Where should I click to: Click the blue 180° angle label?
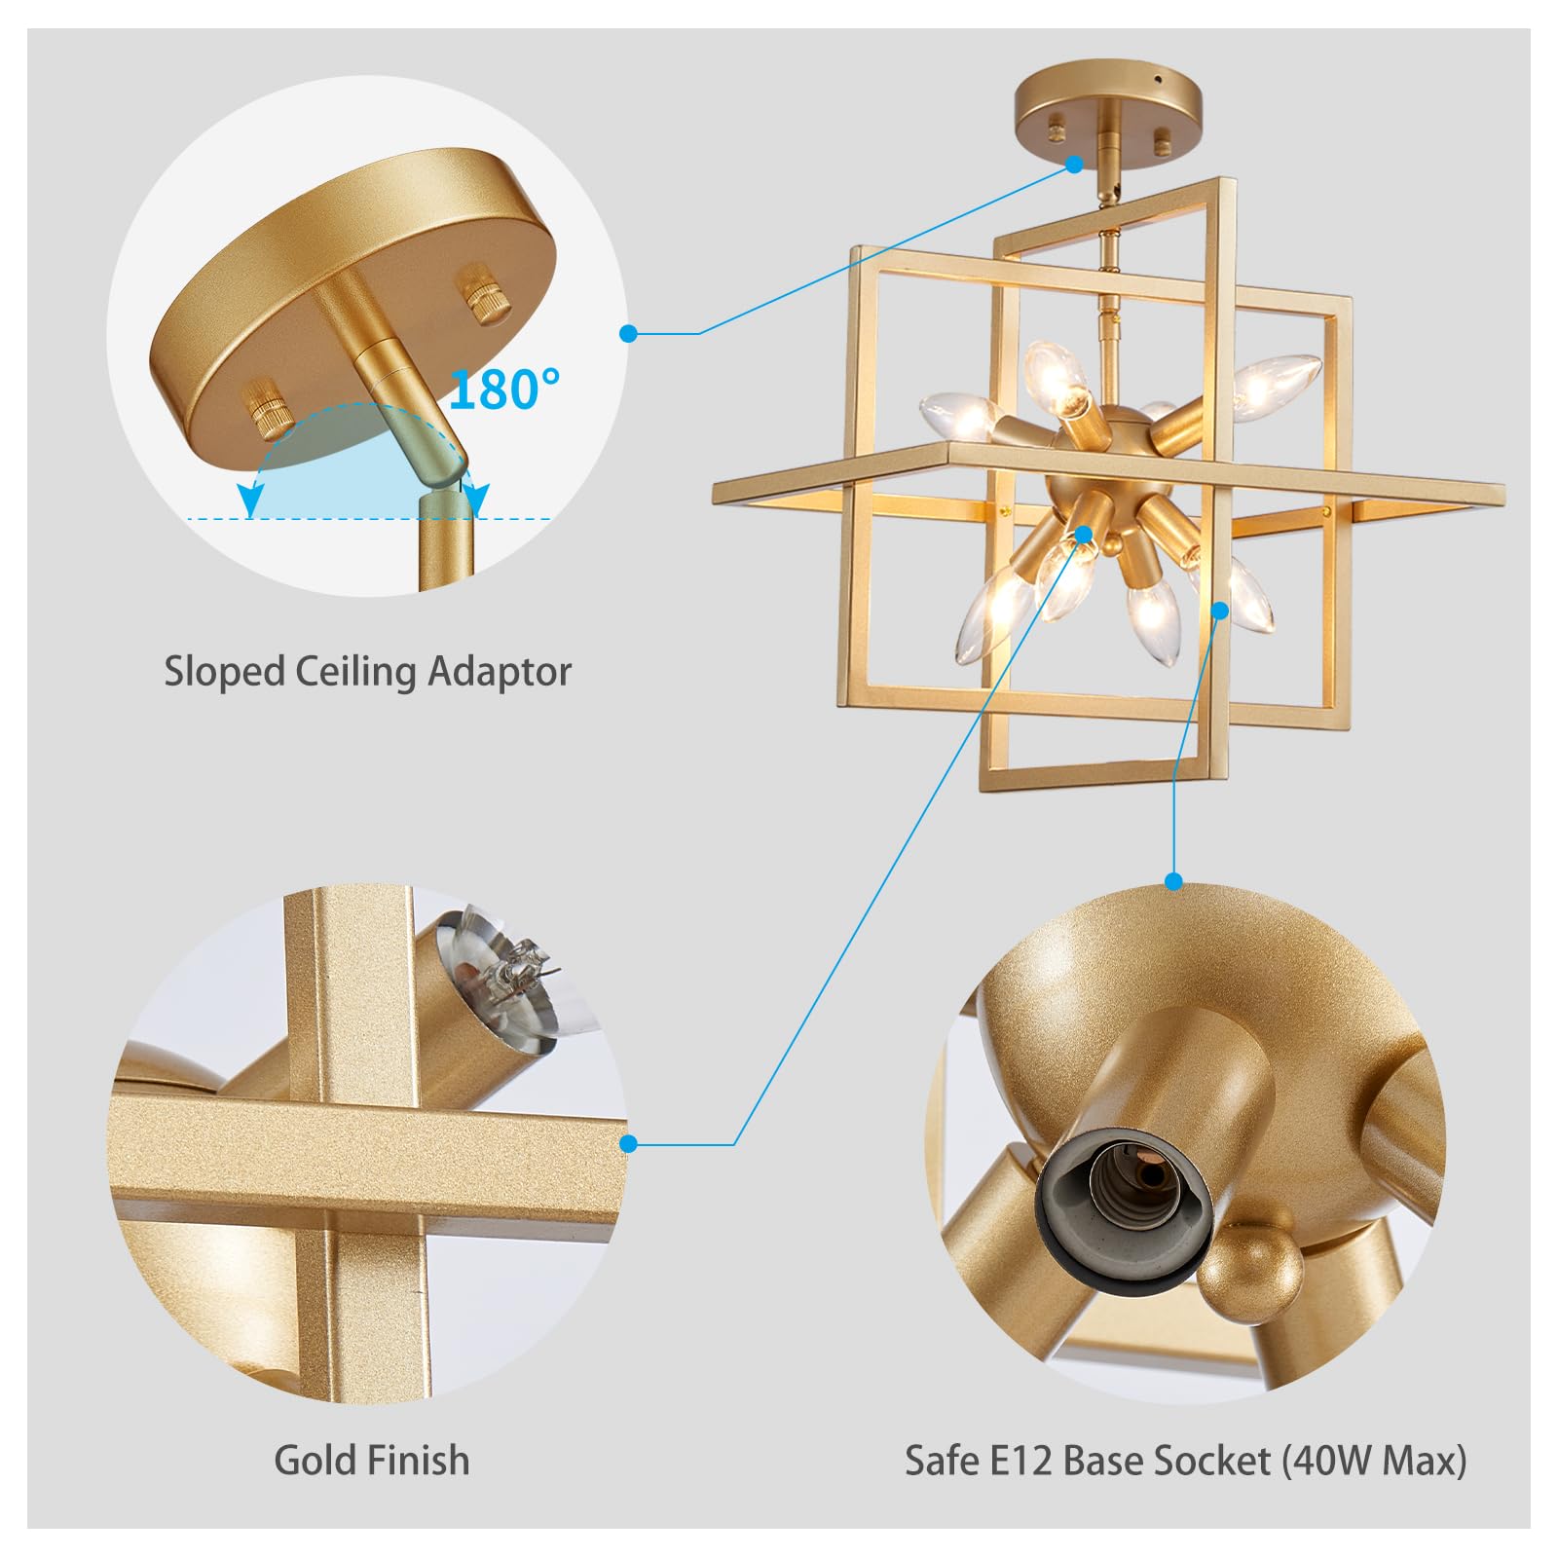click(x=504, y=389)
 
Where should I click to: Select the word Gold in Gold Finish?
click(x=316, y=1460)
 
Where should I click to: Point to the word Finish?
click(x=421, y=1460)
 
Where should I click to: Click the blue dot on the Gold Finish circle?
click(x=628, y=1143)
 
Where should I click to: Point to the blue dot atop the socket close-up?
click(x=1173, y=882)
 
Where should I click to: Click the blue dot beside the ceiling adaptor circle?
click(x=629, y=334)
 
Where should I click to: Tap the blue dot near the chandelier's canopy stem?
click(x=1074, y=165)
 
